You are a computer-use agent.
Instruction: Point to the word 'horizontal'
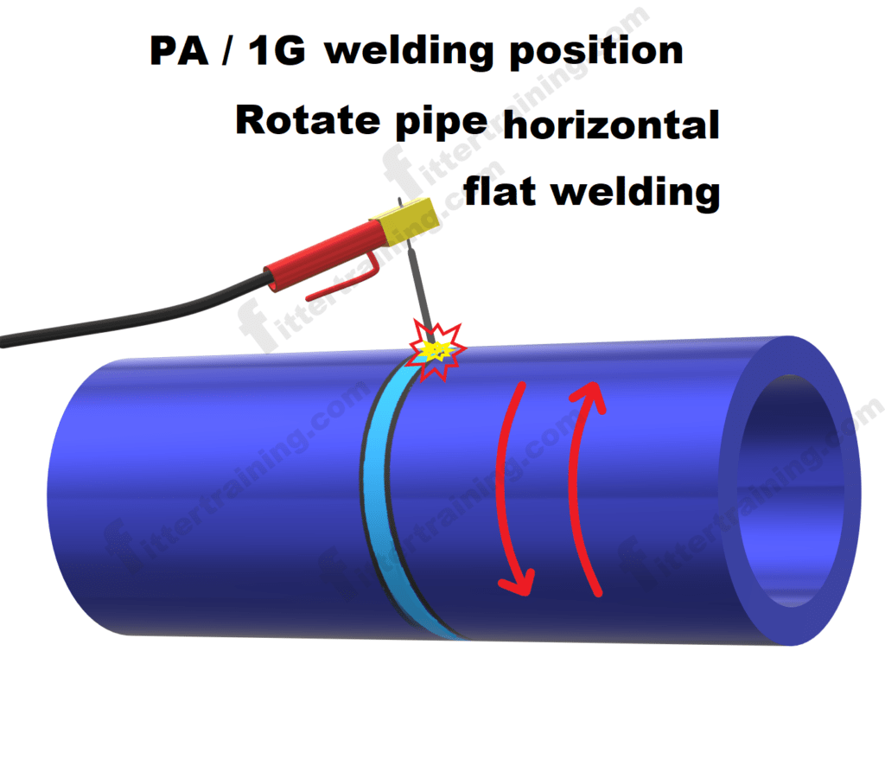[610, 125]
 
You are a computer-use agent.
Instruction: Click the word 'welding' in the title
[411, 52]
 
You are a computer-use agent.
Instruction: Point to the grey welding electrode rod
[419, 285]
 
